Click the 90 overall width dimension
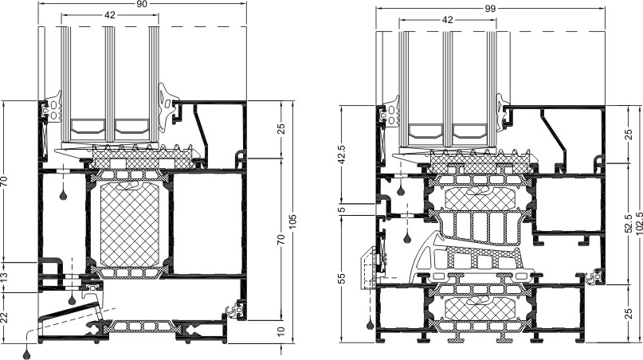pyautogui.click(x=142, y=4)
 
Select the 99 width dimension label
pyautogui.click(x=491, y=9)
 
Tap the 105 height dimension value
pyautogui.click(x=292, y=221)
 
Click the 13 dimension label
pyautogui.click(x=5, y=277)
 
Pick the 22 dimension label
pyautogui.click(x=5, y=317)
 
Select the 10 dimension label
pyautogui.click(x=281, y=331)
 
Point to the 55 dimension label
pyautogui.click(x=343, y=278)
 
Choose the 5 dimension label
pyautogui.click(x=343, y=209)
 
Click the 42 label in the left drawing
pyautogui.click(x=110, y=15)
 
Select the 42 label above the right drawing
pyautogui.click(x=448, y=20)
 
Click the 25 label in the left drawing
pyautogui.click(x=281, y=129)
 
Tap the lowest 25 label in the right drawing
pyautogui.click(x=628, y=314)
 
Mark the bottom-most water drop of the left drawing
pyautogui.click(x=27, y=354)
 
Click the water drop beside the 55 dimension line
pyautogui.click(x=371, y=325)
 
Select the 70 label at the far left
pyautogui.click(x=5, y=181)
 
